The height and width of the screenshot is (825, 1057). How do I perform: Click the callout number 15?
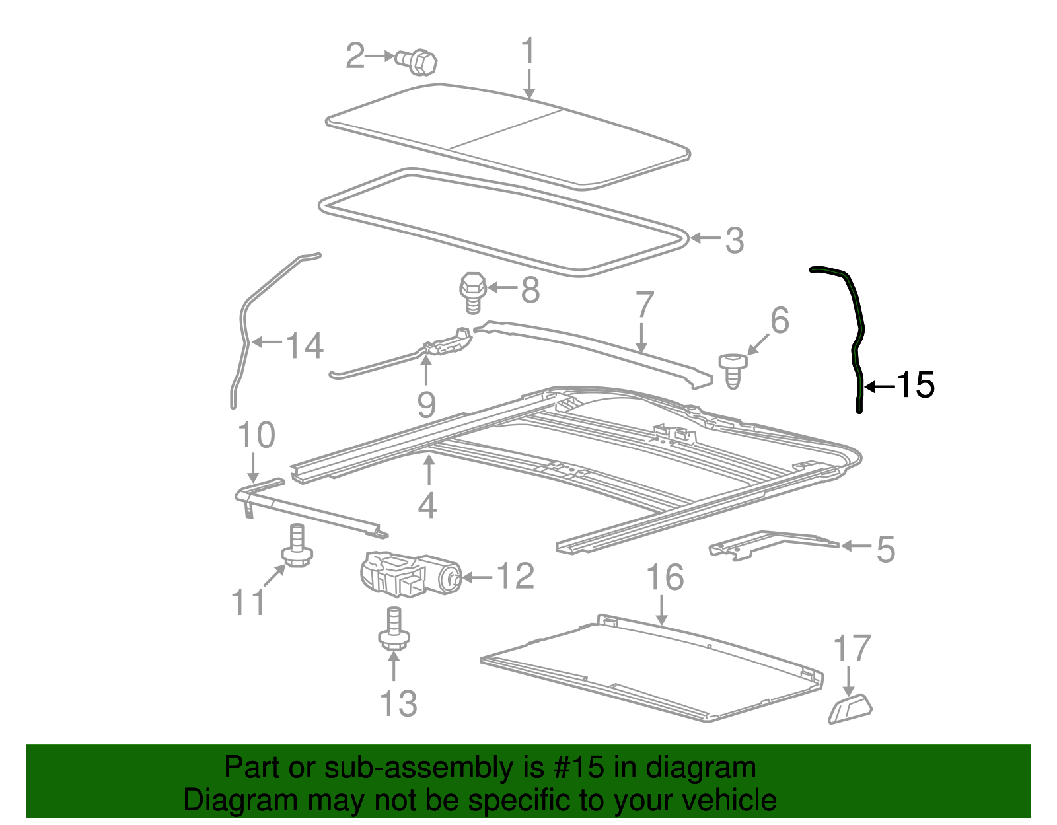(916, 384)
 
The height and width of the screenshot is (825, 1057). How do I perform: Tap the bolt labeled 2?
(418, 61)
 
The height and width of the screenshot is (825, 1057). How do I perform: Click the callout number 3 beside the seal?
(734, 240)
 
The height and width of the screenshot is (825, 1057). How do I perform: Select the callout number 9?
(427, 404)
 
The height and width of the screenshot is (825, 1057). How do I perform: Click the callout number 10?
(256, 435)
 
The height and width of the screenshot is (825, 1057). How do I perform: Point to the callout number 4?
(428, 505)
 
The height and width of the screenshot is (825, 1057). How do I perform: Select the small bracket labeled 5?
(770, 543)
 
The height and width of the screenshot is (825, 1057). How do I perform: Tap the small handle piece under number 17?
(850, 709)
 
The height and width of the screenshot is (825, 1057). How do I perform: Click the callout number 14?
(305, 345)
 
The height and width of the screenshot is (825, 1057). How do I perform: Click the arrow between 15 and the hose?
(879, 387)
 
